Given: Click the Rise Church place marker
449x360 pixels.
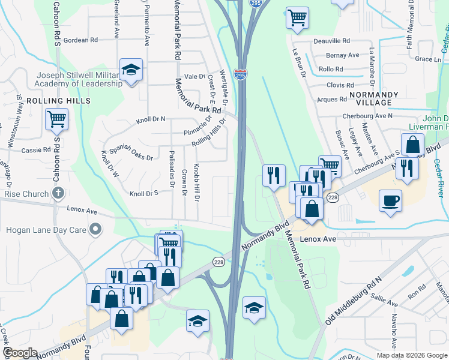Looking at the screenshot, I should tap(58, 193).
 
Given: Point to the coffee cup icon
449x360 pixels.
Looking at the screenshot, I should tap(390, 200).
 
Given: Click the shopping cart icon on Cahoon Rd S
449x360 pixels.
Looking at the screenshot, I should tap(56, 119).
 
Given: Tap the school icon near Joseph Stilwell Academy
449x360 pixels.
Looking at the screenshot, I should tap(130, 70).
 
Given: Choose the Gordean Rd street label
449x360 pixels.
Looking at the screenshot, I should tap(80, 40).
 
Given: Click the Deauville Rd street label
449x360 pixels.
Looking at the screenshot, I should tap(331, 41).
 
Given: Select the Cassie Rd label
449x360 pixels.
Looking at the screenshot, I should tap(38, 149).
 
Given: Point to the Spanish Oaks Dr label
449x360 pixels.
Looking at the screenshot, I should tap(131, 151).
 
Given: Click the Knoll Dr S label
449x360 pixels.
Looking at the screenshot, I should tap(143, 194).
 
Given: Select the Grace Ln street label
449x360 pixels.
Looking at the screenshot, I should tap(428, 59).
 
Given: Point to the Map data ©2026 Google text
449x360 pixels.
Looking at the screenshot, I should tap(411, 355).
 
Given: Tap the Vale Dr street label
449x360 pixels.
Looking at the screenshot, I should tap(194, 76).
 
